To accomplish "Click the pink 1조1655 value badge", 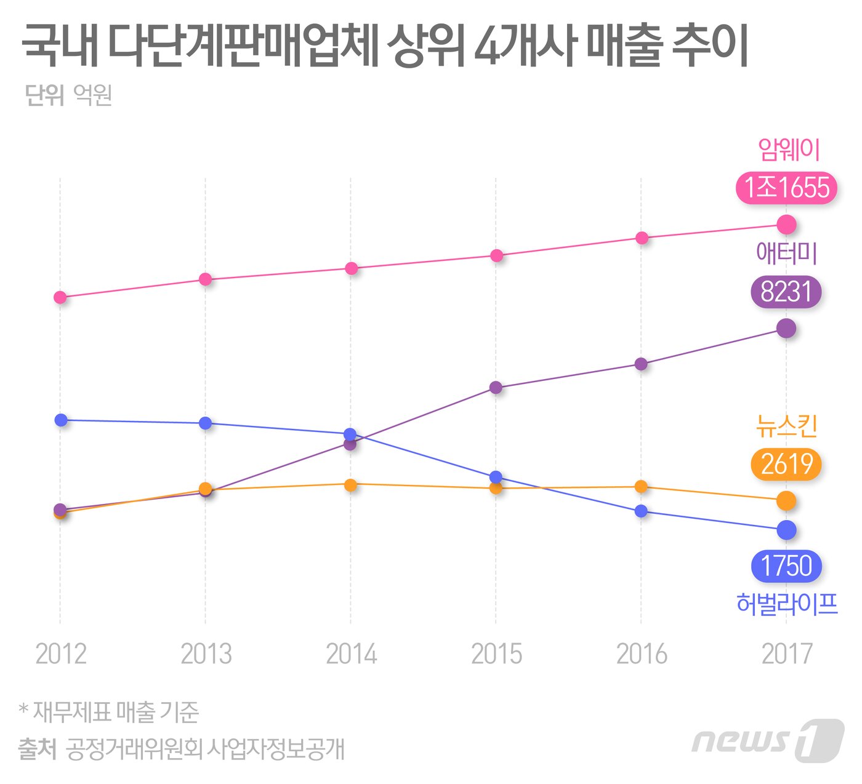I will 786,188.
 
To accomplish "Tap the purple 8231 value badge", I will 786,292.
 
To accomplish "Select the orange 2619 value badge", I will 786,464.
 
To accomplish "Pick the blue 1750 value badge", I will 786,566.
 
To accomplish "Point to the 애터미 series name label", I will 786,254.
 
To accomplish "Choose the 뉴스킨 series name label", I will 786,426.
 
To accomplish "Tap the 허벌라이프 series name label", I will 787,604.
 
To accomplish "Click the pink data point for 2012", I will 60,297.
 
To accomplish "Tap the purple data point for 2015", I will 496,388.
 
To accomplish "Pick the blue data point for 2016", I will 641,511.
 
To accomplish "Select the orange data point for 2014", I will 350,485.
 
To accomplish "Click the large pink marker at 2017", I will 786,225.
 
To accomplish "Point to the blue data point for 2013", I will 206,423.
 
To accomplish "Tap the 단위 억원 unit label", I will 68,95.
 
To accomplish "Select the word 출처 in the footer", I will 38,749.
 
